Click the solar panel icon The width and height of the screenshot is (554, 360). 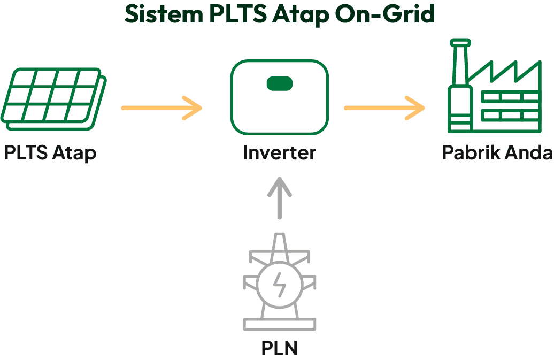click(x=54, y=97)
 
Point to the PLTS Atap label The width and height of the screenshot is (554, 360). click(x=50, y=153)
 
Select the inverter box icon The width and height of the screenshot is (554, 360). click(x=279, y=98)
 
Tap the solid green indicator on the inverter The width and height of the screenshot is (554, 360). click(x=280, y=83)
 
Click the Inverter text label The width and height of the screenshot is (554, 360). click(x=279, y=153)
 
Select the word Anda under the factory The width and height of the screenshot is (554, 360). click(x=529, y=153)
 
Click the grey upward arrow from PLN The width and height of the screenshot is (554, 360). click(x=279, y=198)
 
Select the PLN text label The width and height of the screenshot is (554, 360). click(x=279, y=348)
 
